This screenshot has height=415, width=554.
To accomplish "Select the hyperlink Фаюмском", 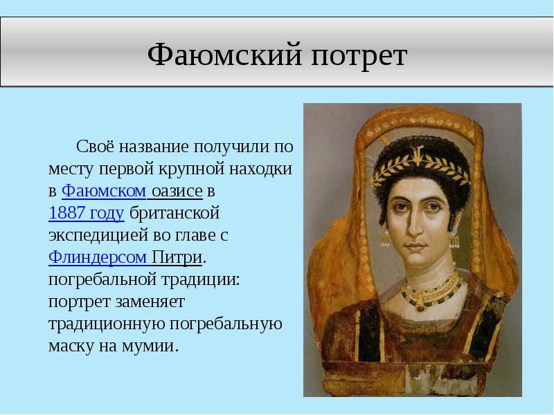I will point(104,191).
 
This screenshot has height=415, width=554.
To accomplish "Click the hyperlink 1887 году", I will point(87,213).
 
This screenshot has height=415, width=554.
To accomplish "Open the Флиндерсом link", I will point(98,257).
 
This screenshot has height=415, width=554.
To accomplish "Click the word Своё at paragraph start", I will point(94,147).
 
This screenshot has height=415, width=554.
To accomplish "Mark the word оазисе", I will point(179,191).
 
